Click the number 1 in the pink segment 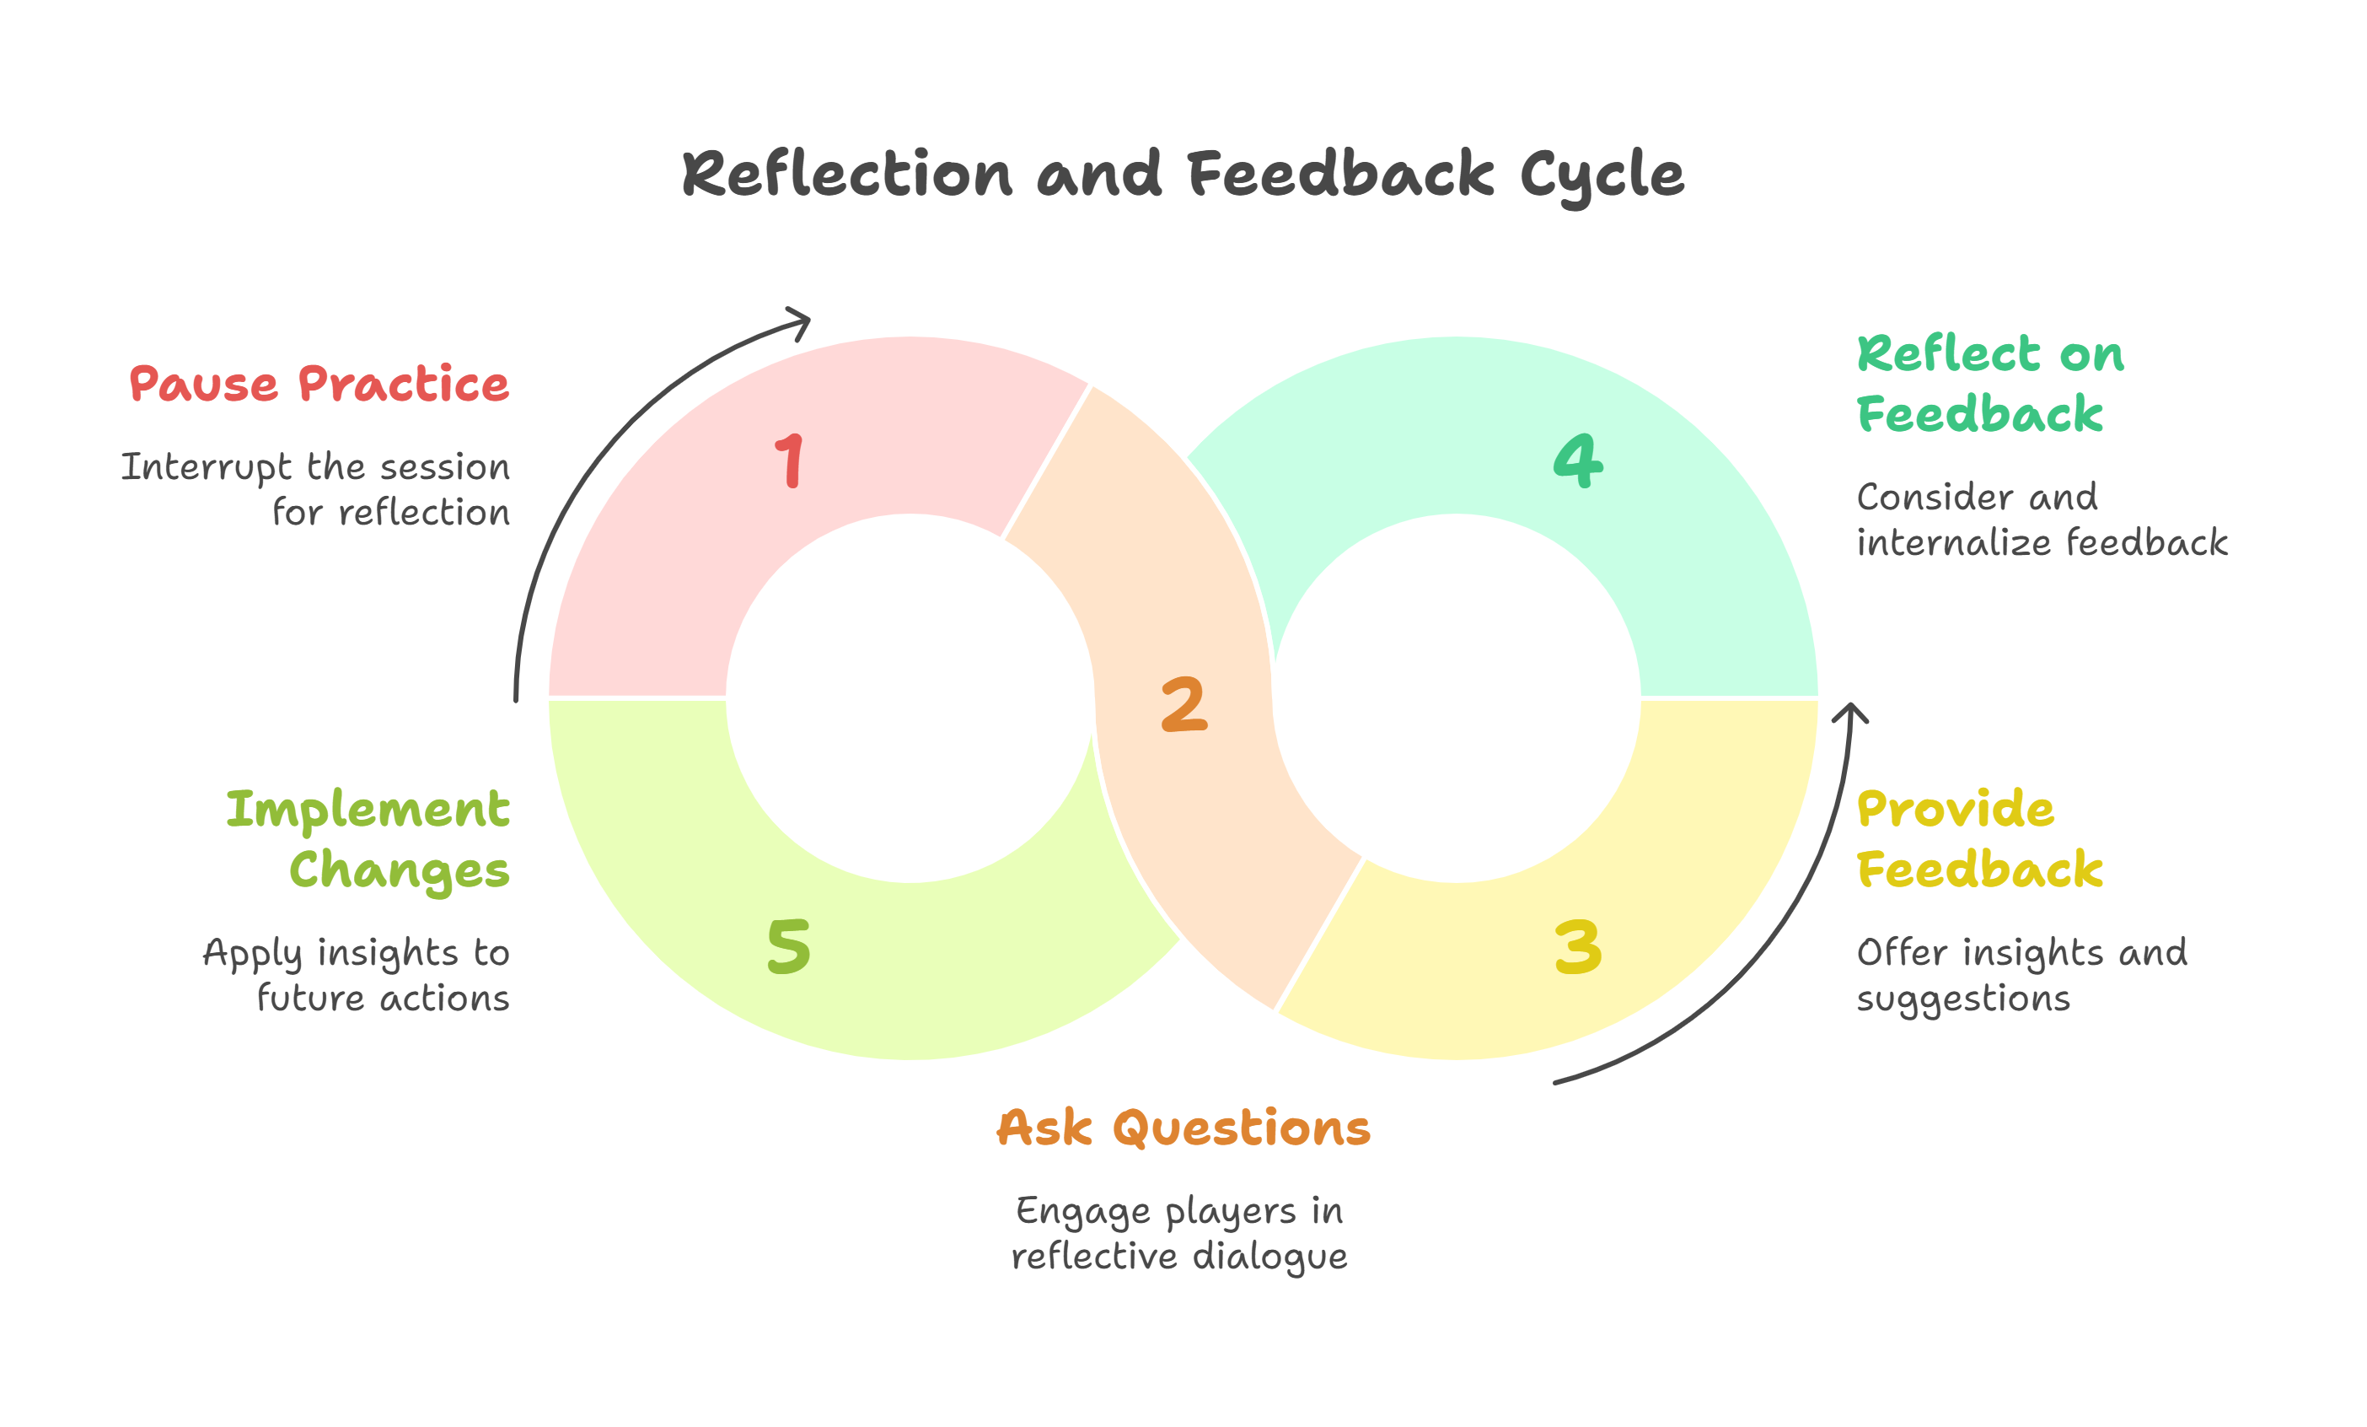point(790,461)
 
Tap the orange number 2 point(1183,704)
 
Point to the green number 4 point(1578,461)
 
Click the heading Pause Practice point(319,385)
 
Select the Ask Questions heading point(1183,1128)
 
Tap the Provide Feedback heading point(1979,840)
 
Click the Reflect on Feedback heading point(1989,385)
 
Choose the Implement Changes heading point(368,840)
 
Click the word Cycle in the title point(1602,176)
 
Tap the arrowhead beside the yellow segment point(1850,713)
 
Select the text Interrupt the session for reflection point(317,489)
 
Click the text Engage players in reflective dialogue point(1179,1234)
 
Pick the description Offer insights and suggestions point(2022,975)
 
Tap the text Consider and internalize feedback point(2042,520)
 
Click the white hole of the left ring point(910,697)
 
